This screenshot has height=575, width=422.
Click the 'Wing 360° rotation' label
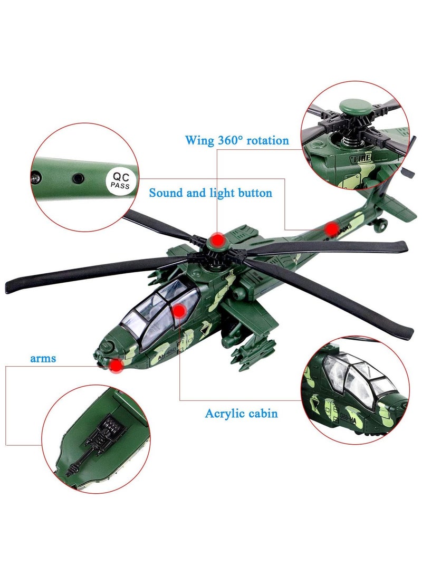237,140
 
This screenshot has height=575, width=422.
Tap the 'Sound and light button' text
210,193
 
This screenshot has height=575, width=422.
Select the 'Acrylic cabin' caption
241,413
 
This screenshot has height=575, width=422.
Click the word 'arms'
43,359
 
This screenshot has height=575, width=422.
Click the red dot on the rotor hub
216,240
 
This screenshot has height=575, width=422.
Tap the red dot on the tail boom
331,228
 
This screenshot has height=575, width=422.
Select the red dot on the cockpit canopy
179,311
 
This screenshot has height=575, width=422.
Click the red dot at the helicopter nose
116,365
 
